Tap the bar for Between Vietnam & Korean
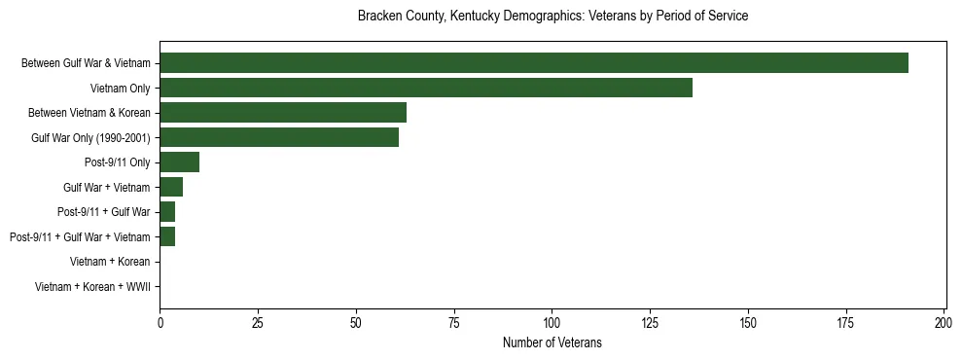click(283, 113)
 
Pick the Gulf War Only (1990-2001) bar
click(279, 137)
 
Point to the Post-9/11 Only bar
click(179, 162)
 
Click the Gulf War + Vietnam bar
click(171, 187)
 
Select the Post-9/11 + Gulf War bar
click(167, 212)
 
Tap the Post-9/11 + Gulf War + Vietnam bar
click(167, 236)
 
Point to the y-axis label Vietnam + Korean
click(110, 262)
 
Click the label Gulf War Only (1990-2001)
click(90, 138)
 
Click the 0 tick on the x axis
click(160, 322)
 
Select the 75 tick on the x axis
click(454, 322)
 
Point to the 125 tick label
click(650, 322)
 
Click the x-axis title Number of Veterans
click(552, 342)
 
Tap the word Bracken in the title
click(378, 17)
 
